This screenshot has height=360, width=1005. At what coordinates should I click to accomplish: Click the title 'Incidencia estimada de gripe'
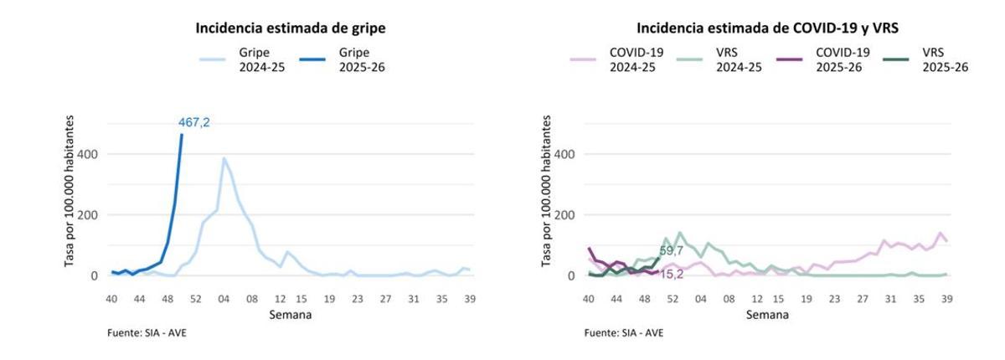pos(290,28)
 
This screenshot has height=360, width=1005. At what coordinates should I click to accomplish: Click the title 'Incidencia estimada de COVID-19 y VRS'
pos(767,28)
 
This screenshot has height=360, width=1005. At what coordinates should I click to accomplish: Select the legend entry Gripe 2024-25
pos(242,59)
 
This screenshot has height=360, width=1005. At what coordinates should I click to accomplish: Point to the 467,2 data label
pos(194,122)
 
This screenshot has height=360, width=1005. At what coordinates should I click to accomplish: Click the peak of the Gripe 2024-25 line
pos(224,158)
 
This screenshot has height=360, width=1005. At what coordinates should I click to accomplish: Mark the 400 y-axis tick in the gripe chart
pos(89,154)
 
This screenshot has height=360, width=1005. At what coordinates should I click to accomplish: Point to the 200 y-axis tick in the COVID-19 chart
pos(566,215)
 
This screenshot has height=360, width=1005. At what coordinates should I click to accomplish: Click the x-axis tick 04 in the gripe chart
pos(224,298)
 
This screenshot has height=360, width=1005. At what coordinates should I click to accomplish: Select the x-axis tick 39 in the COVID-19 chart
pos(946,298)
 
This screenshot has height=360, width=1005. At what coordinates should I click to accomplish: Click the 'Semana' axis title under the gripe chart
pos(290,315)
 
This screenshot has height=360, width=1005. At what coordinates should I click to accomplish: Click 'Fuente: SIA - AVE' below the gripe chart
pos(147,333)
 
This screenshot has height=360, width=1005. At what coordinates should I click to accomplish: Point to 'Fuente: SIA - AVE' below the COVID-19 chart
pos(624,333)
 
